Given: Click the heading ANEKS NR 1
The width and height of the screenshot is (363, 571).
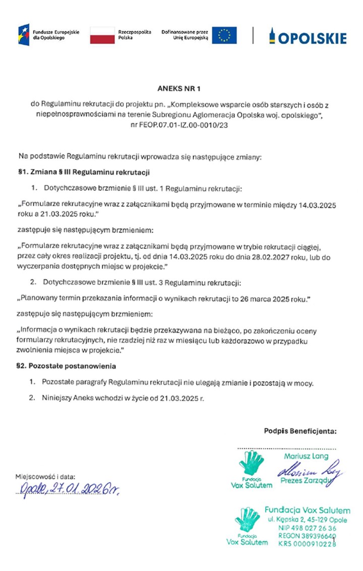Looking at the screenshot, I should coord(181,90).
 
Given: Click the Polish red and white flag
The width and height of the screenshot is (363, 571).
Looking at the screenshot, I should coord(102,35).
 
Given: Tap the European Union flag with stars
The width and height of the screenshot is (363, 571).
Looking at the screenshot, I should coord(224,35).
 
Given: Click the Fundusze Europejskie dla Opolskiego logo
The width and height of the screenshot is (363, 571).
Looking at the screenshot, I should coord(49,35).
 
